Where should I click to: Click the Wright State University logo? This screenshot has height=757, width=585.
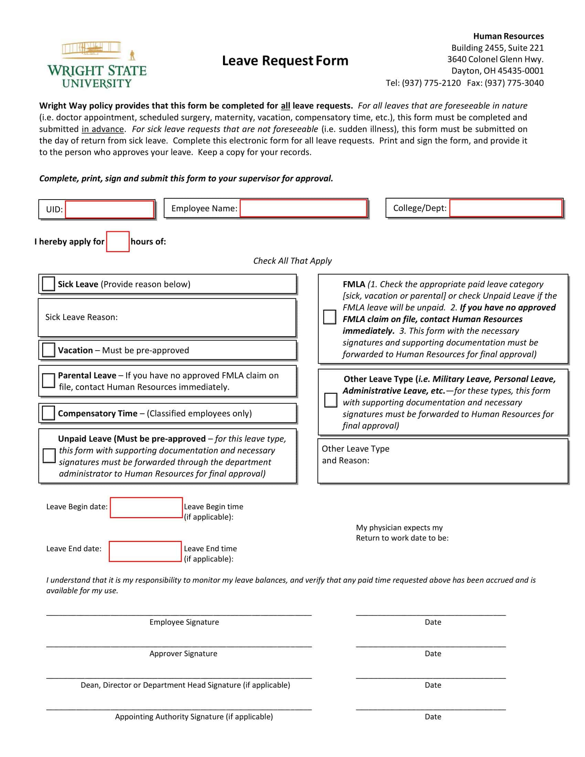coord(97,65)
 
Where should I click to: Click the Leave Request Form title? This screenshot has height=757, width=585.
coord(285,61)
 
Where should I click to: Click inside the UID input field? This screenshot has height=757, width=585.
coord(109,209)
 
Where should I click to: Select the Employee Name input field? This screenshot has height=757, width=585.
coord(303,208)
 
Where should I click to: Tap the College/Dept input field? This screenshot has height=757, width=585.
coord(505,208)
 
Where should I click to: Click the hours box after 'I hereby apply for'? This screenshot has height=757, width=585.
coord(117,242)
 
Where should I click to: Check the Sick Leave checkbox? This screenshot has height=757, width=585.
coord(48,284)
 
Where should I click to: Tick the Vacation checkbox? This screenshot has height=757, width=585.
coord(48,350)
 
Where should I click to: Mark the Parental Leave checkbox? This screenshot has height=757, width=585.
coord(48,381)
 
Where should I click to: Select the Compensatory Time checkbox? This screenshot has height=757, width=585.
coord(48,413)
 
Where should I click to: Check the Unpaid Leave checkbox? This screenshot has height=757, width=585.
coord(49,456)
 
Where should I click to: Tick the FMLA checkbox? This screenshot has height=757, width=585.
coord(329,317)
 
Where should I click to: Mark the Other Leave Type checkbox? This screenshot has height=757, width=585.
coord(330,400)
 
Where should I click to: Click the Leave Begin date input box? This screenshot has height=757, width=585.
coord(146,508)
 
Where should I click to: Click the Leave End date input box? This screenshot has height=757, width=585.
coord(145,552)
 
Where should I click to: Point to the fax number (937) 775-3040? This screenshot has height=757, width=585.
coord(514,83)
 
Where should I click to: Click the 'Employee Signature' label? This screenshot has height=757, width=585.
coord(184,622)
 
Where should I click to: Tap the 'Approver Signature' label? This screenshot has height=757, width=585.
coord(183,654)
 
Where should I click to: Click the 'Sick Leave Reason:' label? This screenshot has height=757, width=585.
coord(82,317)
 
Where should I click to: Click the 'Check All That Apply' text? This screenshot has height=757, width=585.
coord(292,261)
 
